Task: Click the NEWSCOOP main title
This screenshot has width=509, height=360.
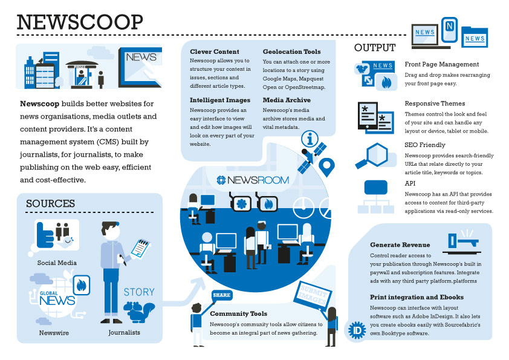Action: pos(80,22)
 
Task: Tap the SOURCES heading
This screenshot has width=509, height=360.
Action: pos(50,204)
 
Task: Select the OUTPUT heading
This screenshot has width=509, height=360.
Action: pos(375,48)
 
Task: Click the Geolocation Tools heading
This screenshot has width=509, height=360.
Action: pos(291,52)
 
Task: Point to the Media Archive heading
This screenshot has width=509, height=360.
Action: pos(287,100)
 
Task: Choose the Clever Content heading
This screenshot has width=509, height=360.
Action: pos(215,52)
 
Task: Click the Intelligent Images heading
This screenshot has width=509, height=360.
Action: pos(220,100)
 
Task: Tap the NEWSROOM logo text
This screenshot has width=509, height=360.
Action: pos(254,180)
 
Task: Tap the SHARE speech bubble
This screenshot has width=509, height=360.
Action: pos(221,295)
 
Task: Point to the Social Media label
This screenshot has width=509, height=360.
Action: pos(57,263)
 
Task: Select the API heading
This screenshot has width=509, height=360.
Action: pos(410,183)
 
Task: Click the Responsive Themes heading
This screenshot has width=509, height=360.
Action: pos(435,103)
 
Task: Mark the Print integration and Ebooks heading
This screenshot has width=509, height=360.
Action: pos(417,297)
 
